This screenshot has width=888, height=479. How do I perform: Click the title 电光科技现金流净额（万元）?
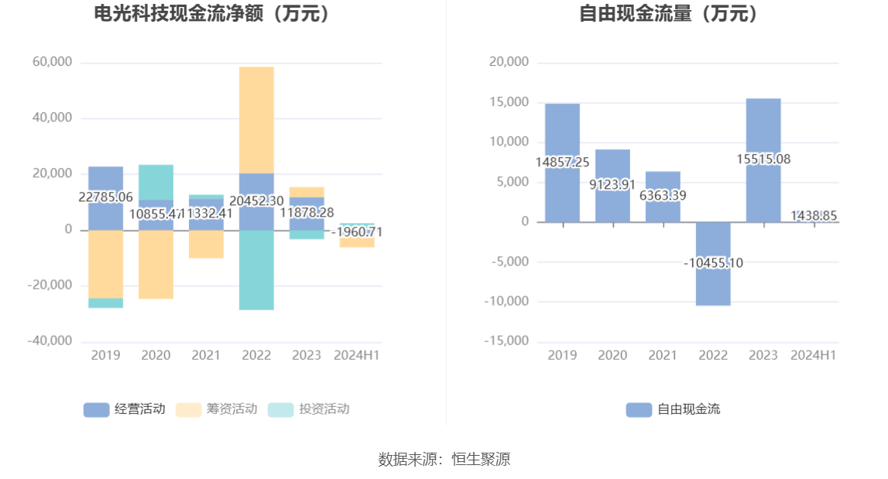211,14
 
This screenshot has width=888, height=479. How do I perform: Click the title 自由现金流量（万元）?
669,14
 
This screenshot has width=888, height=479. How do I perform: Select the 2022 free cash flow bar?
713,264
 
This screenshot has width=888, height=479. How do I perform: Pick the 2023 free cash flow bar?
763,124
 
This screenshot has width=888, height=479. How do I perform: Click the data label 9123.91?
612,184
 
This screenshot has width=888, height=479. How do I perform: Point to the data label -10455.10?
713,263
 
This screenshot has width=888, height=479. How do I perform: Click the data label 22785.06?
105,197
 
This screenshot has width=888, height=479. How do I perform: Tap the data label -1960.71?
357,231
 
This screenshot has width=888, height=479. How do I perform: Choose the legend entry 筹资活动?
217,409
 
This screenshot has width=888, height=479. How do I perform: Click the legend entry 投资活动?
309,409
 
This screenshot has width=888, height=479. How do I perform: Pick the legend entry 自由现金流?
674,409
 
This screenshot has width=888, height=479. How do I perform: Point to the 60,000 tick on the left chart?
52,62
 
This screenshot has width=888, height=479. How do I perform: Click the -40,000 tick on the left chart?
50,341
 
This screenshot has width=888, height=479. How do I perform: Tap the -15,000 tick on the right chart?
506,341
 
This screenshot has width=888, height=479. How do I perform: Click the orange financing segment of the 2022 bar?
256,120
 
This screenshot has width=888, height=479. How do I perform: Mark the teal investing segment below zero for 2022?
256,270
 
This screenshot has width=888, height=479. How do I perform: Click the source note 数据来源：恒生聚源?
444,459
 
